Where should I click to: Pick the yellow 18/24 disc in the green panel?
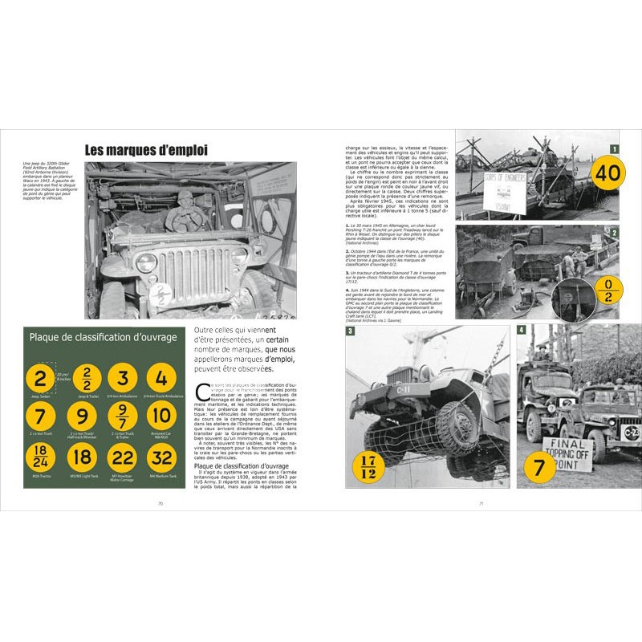(x=41, y=456)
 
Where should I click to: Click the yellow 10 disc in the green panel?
(x=161, y=416)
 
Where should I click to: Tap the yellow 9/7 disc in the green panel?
(x=122, y=416)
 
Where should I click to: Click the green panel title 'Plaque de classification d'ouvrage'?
(x=103, y=337)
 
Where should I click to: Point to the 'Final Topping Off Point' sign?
(x=567, y=453)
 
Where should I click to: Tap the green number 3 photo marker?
(x=351, y=331)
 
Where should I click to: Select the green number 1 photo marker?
(x=614, y=148)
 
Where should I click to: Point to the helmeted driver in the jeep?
(x=185, y=212)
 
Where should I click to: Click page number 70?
(x=160, y=503)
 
